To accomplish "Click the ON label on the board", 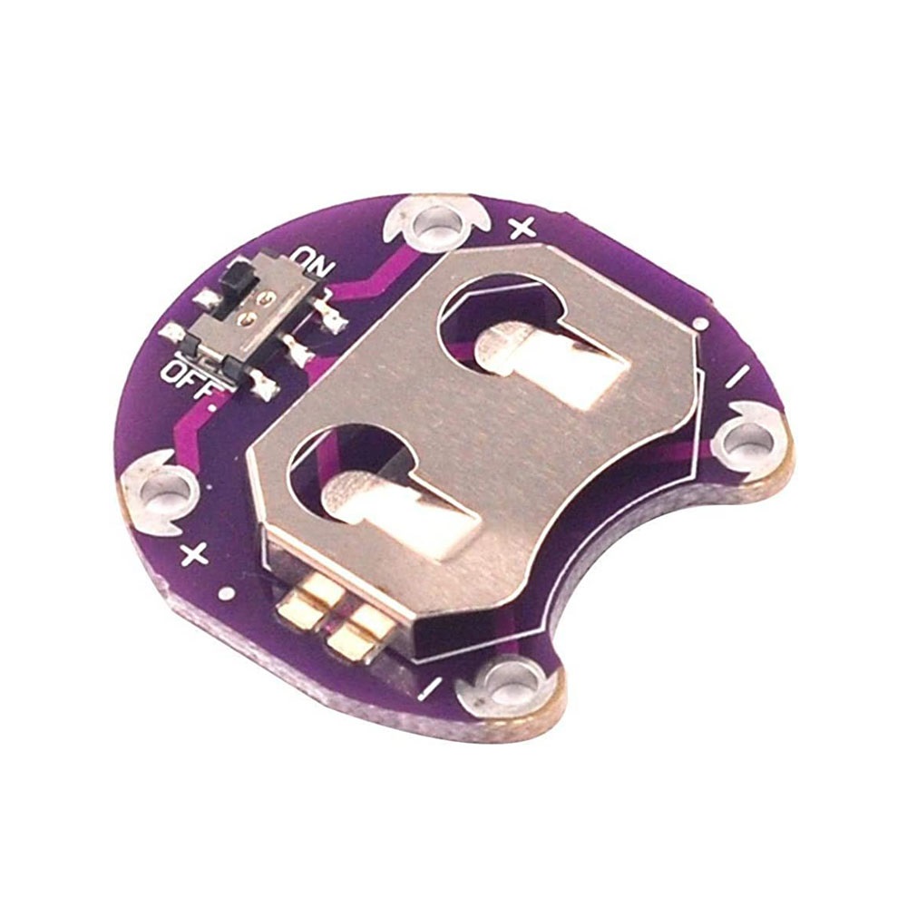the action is pos(316,261).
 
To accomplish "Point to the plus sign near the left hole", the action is pos(195,556).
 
